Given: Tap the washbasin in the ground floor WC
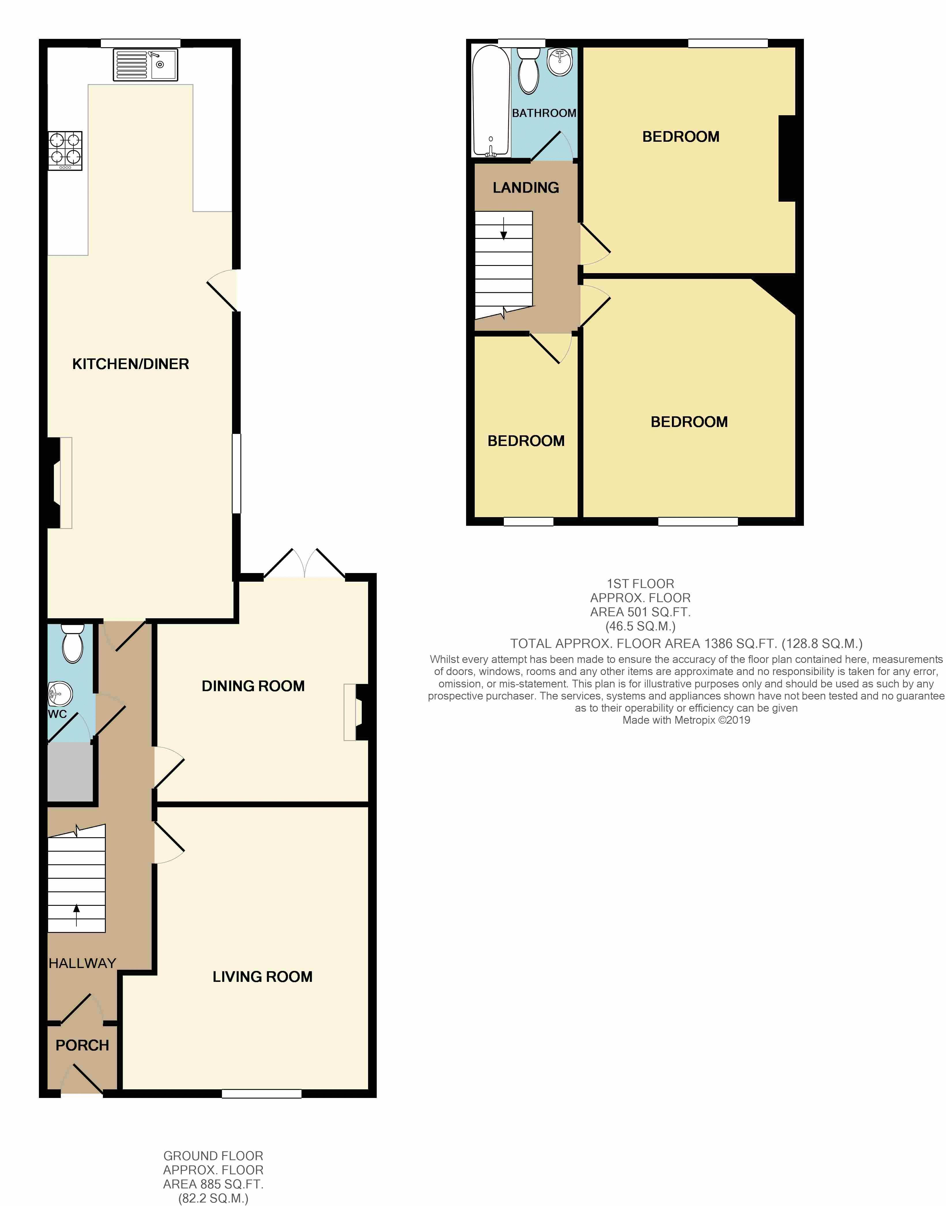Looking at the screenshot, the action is tap(60, 693).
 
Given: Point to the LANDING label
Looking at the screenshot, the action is tap(526, 188).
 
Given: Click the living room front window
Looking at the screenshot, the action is tap(262, 1094).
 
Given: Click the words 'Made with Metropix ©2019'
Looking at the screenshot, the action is tap(686, 720).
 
